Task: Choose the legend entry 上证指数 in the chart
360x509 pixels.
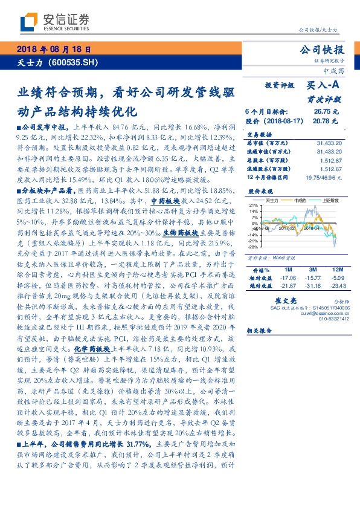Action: [x=330, y=200]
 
